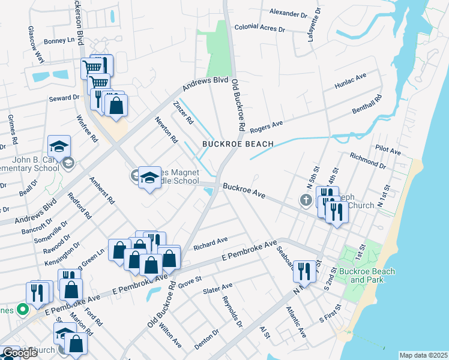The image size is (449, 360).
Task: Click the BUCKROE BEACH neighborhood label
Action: tap(238, 144)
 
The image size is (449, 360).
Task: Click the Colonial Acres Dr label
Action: tap(262, 27)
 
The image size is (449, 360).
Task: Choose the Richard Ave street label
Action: tap(210, 241)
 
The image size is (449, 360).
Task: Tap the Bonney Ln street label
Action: tap(62, 41)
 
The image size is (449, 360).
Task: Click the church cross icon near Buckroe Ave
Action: tap(307, 200)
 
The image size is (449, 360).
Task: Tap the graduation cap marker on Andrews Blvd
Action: tap(59, 146)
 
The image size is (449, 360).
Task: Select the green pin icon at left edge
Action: tap(23, 310)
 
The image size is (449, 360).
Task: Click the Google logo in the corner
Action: tap(20, 353)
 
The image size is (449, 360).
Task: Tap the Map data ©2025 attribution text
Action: tap(423, 355)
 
